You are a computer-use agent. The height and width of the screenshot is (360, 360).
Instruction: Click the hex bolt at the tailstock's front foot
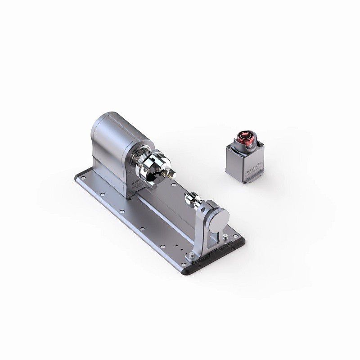click(x=192, y=257)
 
